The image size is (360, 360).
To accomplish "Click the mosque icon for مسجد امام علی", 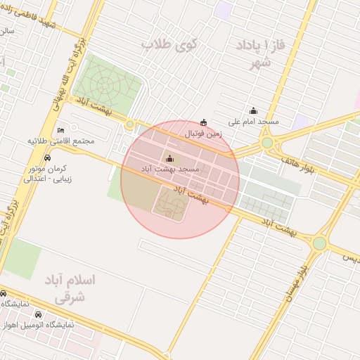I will pos(254,110).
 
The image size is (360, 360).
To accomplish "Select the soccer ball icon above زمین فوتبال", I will pos(204,122).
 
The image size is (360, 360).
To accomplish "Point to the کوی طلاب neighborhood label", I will pos(170,44).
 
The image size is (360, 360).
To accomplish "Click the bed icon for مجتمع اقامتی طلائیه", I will pos(60,130).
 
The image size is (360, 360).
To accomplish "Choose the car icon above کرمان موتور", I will pos(46,158).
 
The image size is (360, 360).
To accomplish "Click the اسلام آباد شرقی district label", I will pos(74,288).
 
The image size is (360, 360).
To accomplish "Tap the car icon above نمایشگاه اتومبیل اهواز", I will pos(38,314).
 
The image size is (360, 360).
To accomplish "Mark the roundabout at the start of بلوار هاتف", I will pos(267,143).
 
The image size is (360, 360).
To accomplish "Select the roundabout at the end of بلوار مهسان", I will pos(320,243).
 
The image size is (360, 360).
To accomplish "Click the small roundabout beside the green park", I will pos(130,125).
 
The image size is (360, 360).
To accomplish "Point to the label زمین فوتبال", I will pos(204,133).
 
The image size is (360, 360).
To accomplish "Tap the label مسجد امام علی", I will pos(254,121).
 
